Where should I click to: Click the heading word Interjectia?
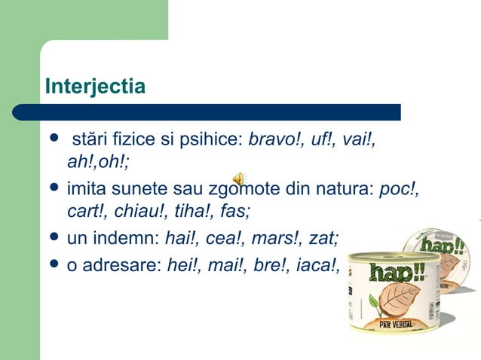click(x=95, y=87)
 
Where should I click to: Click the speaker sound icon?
click(x=237, y=178)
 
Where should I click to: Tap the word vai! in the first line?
click(x=359, y=140)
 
